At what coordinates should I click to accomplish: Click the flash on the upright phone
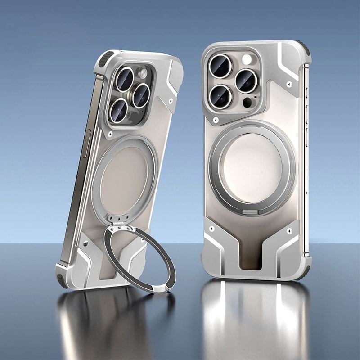click(x=247, y=59)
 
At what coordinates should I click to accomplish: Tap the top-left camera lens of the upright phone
click(x=220, y=66)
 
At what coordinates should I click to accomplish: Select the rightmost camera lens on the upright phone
click(x=246, y=81)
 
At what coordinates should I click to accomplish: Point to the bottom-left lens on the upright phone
click(x=220, y=96)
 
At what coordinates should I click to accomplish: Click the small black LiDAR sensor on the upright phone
click(x=247, y=103)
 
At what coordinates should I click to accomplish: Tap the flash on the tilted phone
click(x=143, y=74)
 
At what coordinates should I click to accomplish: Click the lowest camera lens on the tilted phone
click(x=118, y=110)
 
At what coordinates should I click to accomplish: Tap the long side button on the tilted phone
click(x=86, y=143)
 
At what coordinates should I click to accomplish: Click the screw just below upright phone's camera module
click(x=216, y=120)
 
